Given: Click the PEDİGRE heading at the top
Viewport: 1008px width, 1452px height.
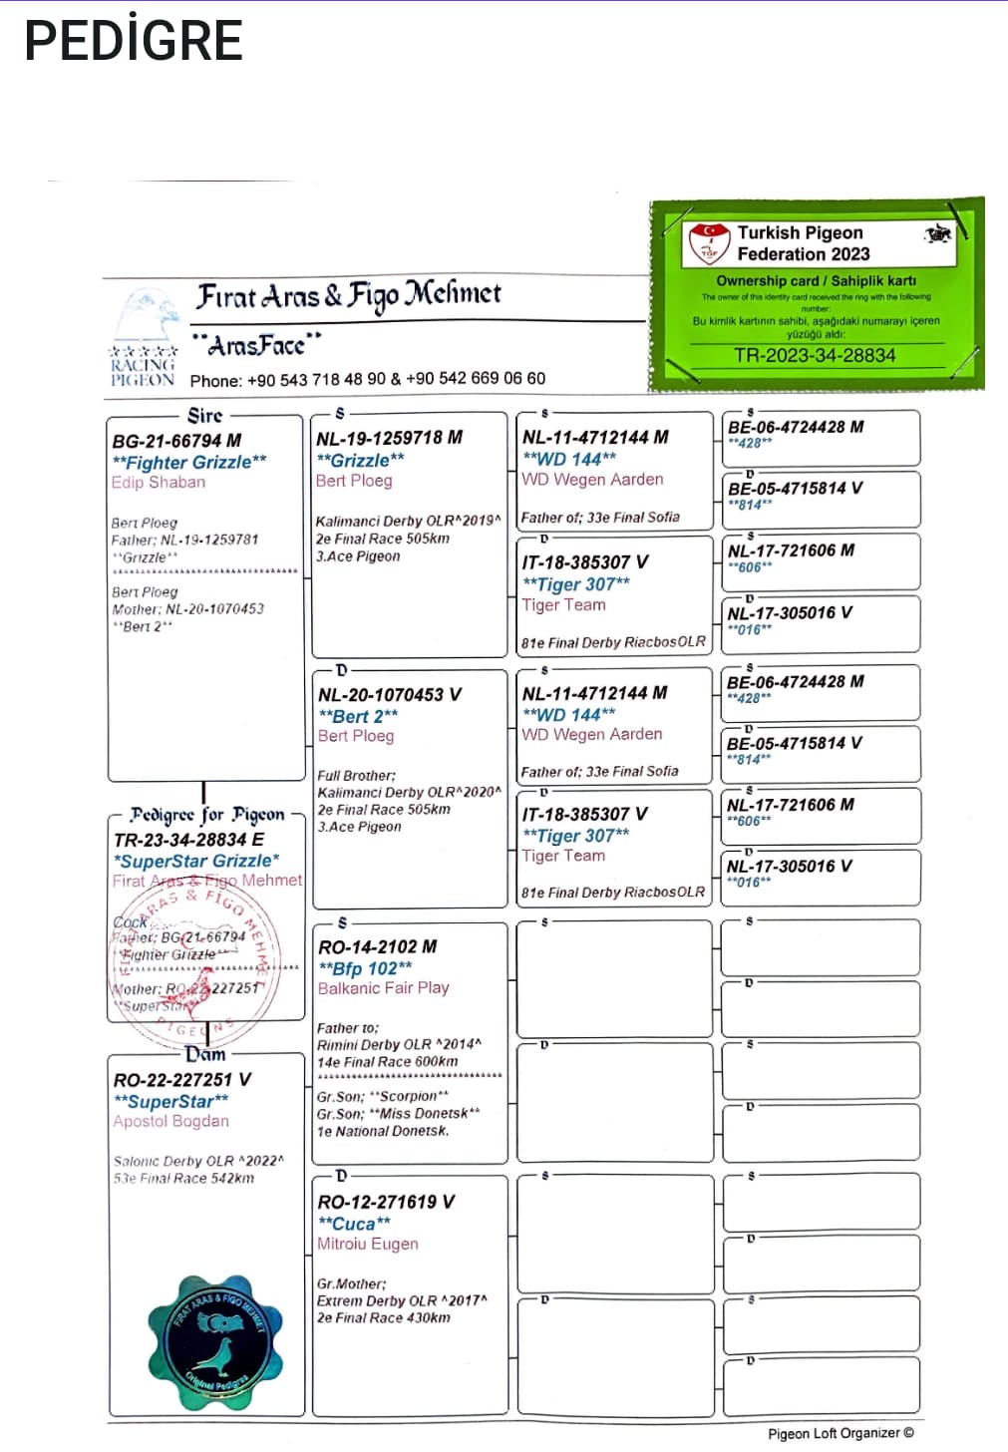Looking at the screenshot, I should coord(134,41).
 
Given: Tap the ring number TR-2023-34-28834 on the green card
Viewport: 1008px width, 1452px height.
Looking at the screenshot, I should coord(815,356).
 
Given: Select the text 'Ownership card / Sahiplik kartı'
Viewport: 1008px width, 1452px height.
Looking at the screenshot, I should coord(816,281).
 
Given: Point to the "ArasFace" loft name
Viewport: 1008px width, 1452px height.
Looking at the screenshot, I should coord(256,345).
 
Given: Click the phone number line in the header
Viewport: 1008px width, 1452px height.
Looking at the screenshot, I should coord(368,379).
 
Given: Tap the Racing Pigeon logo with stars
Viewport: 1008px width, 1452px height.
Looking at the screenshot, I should coord(144,339).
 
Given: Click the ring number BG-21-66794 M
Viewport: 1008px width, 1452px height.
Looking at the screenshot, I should coord(176,441).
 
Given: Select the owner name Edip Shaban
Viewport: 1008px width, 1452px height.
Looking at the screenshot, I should coord(159,483).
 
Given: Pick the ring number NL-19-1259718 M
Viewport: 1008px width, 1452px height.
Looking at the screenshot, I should coord(389,438).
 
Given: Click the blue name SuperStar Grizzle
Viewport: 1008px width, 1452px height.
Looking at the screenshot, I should coord(196,861).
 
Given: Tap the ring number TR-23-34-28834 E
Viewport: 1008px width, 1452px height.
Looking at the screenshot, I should coord(188,840).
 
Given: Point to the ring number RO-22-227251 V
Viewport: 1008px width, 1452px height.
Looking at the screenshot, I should coord(182,1080).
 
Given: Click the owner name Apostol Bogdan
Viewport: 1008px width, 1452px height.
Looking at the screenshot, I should coord(171,1122).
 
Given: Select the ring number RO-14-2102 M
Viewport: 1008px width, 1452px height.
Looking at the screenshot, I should coord(377,946).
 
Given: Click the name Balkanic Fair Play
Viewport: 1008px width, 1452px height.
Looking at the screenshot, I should coord(384,988).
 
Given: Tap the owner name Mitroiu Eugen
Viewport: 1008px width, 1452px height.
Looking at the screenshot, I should coord(368,1245).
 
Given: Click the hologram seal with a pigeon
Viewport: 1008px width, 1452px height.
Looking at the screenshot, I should coord(215,1343).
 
